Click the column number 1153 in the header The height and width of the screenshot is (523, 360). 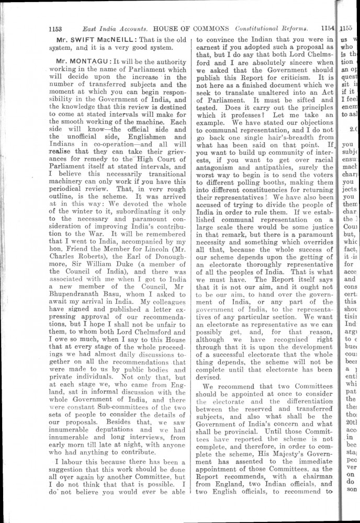pos(55,29)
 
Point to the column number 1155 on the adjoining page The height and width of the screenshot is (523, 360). pos(346,29)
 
